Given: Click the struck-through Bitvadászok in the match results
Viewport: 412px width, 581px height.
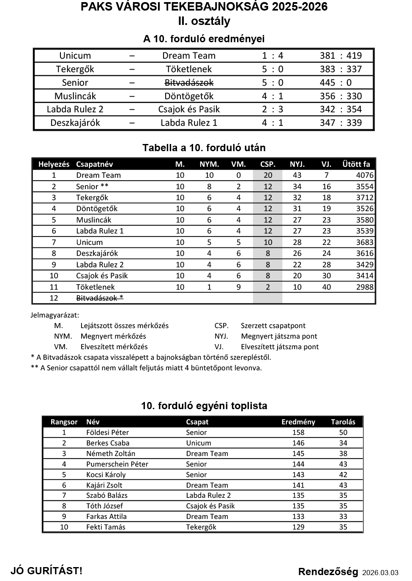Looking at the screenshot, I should click(189, 83).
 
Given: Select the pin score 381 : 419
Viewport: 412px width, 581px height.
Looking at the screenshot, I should click(341, 56).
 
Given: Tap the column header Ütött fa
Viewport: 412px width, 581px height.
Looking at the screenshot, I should click(356, 164).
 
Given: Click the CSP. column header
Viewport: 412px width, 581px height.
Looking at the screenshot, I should click(267, 164).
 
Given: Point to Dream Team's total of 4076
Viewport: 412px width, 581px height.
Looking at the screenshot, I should click(364, 175).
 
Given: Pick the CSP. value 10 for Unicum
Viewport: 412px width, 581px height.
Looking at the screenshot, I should click(267, 242).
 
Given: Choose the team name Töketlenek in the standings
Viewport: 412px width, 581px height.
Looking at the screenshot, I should click(95, 287).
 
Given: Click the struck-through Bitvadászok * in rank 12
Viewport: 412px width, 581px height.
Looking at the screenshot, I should click(100, 298).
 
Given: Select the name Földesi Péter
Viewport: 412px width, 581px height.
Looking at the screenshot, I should click(107, 432).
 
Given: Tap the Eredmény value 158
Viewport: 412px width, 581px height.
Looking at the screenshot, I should click(298, 432).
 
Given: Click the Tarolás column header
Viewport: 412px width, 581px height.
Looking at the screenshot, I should click(343, 422).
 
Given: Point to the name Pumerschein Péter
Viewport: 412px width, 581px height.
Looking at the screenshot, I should click(117, 464).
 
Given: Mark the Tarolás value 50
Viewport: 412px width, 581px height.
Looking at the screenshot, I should click(343, 432).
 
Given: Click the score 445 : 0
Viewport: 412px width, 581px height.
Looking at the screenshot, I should click(336, 83).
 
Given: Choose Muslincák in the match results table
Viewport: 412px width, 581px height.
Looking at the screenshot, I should click(75, 96).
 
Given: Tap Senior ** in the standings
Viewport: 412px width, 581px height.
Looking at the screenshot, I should click(92, 187).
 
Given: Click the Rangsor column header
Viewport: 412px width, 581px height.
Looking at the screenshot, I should click(64, 422).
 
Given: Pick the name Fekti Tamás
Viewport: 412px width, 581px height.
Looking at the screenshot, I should click(106, 527).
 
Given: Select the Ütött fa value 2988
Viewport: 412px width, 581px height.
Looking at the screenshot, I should click(364, 287).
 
